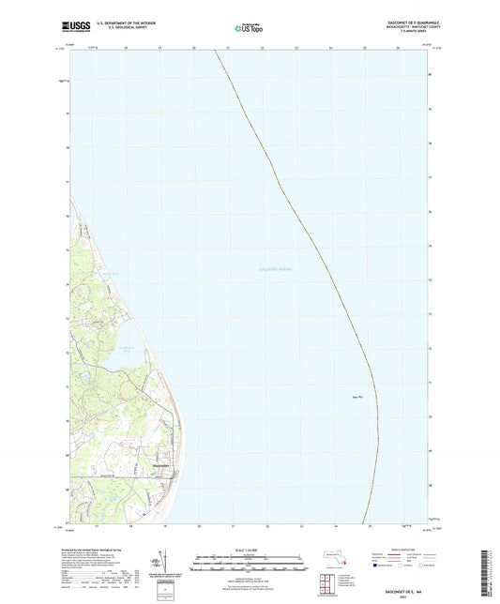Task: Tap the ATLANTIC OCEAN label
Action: point(274,270)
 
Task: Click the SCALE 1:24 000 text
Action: point(249,551)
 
